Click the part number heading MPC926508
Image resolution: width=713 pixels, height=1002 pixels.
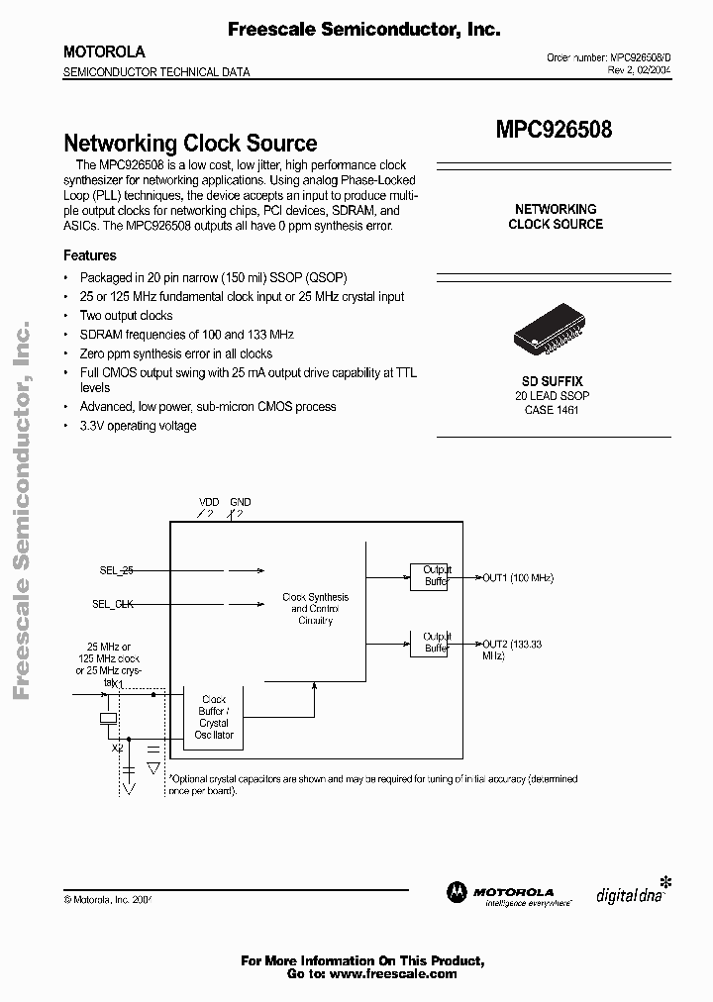pyautogui.click(x=554, y=129)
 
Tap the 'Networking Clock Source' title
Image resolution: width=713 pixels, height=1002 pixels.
pyautogui.click(x=190, y=144)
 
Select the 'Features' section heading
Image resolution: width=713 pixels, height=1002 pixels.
pyautogui.click(x=90, y=255)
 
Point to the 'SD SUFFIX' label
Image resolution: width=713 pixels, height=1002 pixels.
pyautogui.click(x=553, y=381)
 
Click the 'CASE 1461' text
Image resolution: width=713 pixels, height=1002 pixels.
pyautogui.click(x=553, y=409)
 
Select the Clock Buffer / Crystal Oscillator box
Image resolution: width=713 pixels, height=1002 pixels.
pyautogui.click(x=214, y=717)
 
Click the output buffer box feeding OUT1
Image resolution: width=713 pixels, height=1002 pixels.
pyautogui.click(x=429, y=576)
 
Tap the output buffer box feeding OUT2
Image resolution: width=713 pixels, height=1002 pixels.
pyautogui.click(x=429, y=643)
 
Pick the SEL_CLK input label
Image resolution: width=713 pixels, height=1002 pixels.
pyautogui.click(x=114, y=603)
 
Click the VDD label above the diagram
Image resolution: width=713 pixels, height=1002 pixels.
pyautogui.click(x=209, y=503)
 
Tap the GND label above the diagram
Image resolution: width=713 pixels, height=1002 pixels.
pyautogui.click(x=241, y=503)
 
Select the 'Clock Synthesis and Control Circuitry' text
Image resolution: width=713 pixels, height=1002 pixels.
pyautogui.click(x=315, y=609)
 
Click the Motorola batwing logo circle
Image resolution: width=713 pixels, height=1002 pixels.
pyautogui.click(x=458, y=892)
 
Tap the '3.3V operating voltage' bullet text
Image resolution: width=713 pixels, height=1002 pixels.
pyautogui.click(x=138, y=426)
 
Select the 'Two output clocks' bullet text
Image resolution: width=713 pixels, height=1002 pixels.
pyautogui.click(x=126, y=316)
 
